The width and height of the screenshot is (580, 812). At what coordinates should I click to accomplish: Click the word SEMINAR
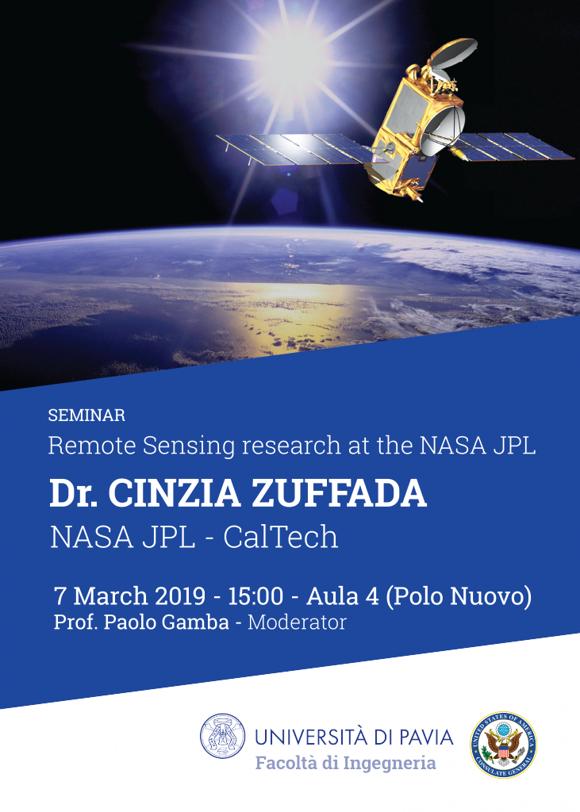click(x=86, y=416)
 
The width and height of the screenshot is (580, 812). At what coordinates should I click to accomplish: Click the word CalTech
click(x=280, y=537)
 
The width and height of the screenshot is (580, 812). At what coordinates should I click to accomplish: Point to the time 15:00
click(x=255, y=596)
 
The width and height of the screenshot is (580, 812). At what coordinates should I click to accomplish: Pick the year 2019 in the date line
click(x=180, y=596)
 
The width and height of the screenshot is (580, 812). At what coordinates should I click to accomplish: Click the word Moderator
click(x=297, y=622)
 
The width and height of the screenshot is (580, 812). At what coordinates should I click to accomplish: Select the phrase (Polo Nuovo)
click(x=459, y=596)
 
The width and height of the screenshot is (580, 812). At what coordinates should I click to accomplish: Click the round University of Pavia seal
click(x=223, y=737)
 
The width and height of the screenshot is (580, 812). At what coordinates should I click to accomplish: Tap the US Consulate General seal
click(x=503, y=745)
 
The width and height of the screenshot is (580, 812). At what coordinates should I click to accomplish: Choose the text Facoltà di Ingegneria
click(x=346, y=763)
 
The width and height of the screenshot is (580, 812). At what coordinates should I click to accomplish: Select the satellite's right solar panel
click(x=513, y=146)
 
